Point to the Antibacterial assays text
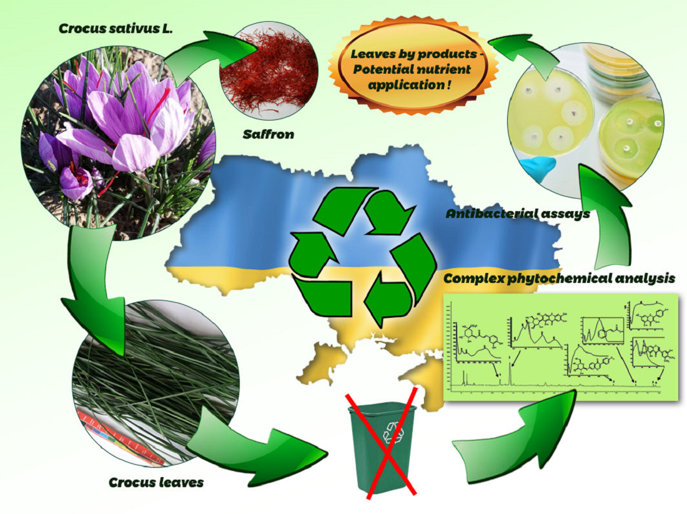[x=518, y=214]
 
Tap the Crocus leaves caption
[x=156, y=482]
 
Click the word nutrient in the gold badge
[x=447, y=68]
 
